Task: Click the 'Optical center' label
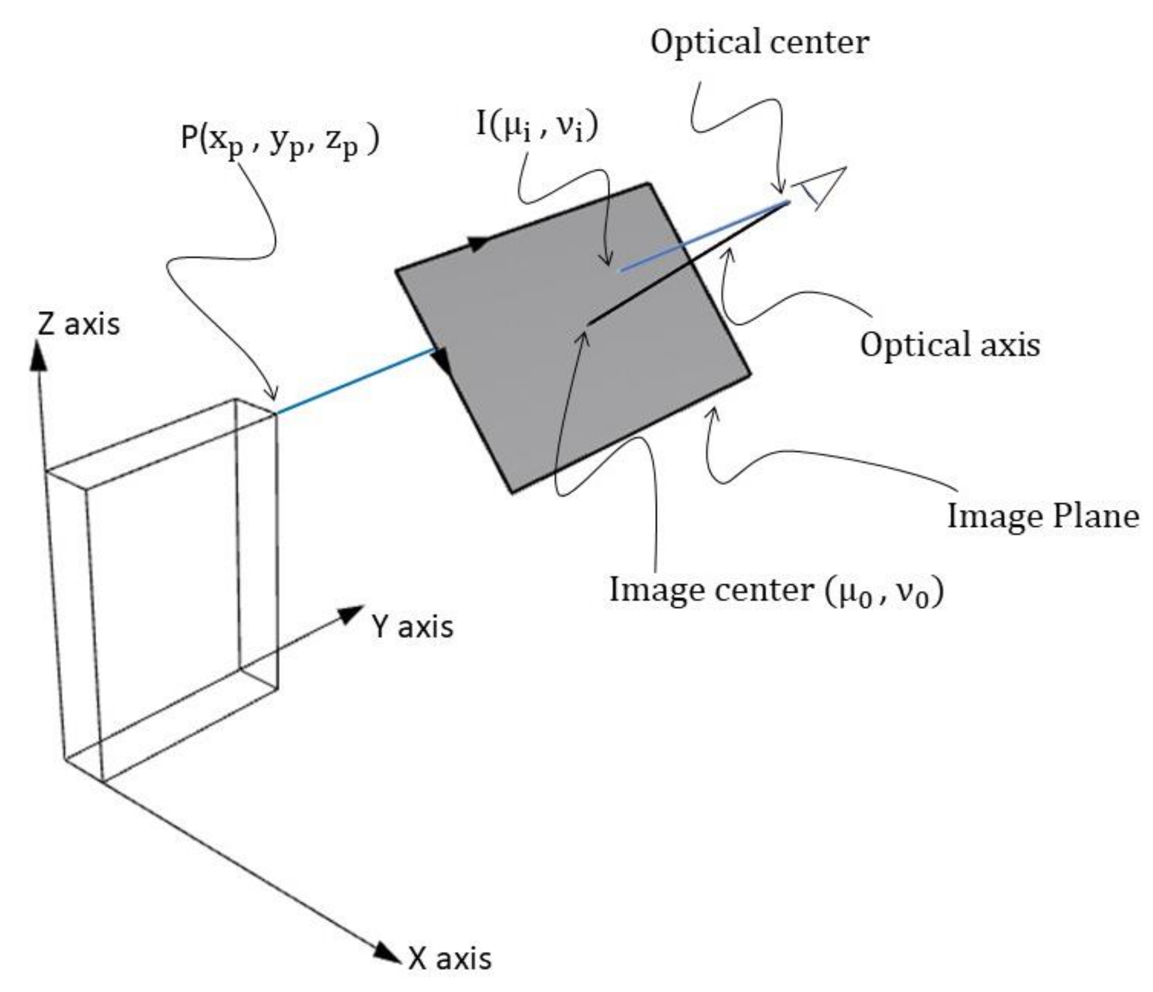tap(759, 42)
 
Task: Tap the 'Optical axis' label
tap(949, 345)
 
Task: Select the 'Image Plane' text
tap(1043, 516)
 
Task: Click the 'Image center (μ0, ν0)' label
tap(776, 590)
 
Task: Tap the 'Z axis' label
tap(79, 325)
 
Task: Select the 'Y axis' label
tap(412, 627)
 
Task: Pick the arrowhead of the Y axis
tap(350, 615)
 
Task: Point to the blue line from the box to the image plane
tap(356, 381)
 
